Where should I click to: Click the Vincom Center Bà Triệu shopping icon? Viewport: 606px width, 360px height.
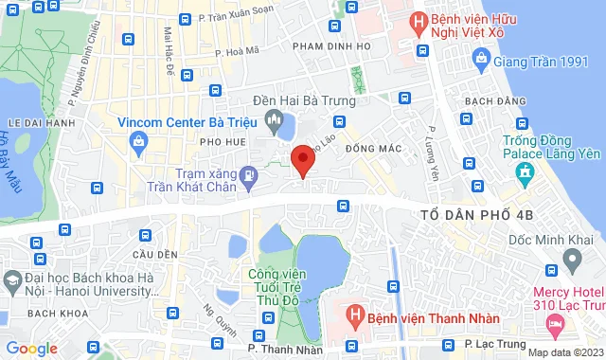(x=139, y=143)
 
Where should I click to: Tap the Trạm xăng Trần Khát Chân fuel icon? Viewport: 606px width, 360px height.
(x=248, y=175)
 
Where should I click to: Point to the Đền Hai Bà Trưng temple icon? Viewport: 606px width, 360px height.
(x=275, y=118)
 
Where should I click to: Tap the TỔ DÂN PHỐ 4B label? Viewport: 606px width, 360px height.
(x=477, y=216)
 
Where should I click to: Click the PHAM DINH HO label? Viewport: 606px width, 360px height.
(x=330, y=45)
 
